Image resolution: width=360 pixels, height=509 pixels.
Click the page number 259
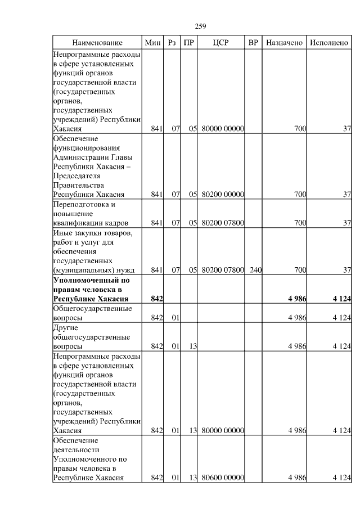click(x=201, y=26)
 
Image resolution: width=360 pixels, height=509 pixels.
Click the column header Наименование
click(x=97, y=43)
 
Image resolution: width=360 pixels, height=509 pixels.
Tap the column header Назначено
click(x=285, y=43)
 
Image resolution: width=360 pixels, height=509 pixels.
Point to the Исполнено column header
click(x=329, y=43)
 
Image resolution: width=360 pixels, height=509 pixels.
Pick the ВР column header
click(x=254, y=43)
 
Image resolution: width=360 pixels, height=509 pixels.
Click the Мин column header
click(x=152, y=43)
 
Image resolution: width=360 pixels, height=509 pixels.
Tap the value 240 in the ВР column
click(x=255, y=270)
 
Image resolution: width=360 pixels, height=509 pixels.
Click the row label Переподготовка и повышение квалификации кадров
click(x=90, y=213)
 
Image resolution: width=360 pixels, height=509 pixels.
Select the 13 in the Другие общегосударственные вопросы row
click(x=192, y=346)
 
